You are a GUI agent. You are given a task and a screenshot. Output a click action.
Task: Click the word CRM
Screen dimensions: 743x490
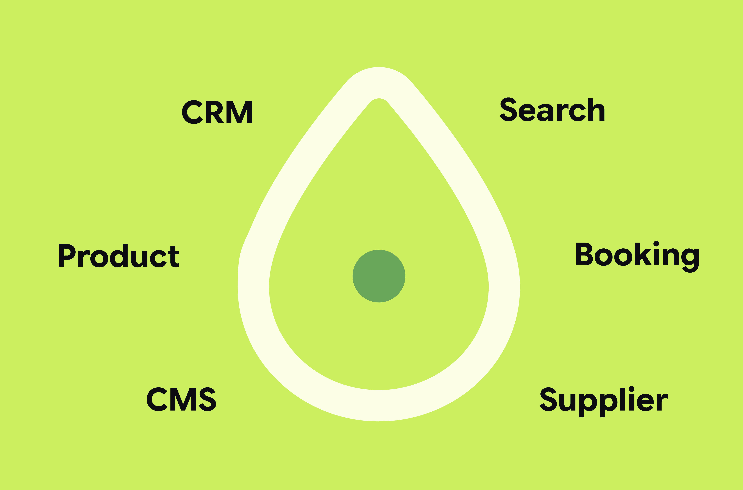[x=217, y=112]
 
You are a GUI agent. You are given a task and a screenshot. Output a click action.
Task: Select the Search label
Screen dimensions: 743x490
[x=552, y=109]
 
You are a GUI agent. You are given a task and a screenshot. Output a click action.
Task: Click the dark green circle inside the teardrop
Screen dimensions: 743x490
[x=379, y=276]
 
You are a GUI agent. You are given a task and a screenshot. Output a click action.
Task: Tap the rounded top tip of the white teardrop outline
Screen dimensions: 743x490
[x=379, y=68]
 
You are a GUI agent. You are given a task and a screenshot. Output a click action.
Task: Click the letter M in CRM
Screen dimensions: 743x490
[x=239, y=112]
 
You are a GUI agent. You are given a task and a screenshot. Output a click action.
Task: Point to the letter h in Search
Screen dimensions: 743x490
[x=597, y=109]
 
